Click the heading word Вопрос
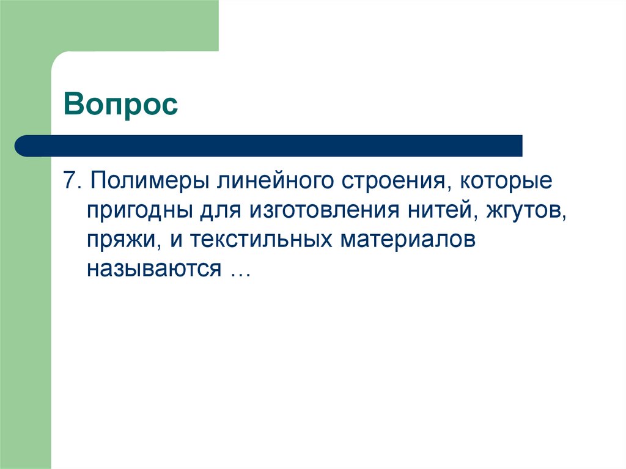[120, 105]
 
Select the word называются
[153, 268]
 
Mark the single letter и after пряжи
[177, 240]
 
